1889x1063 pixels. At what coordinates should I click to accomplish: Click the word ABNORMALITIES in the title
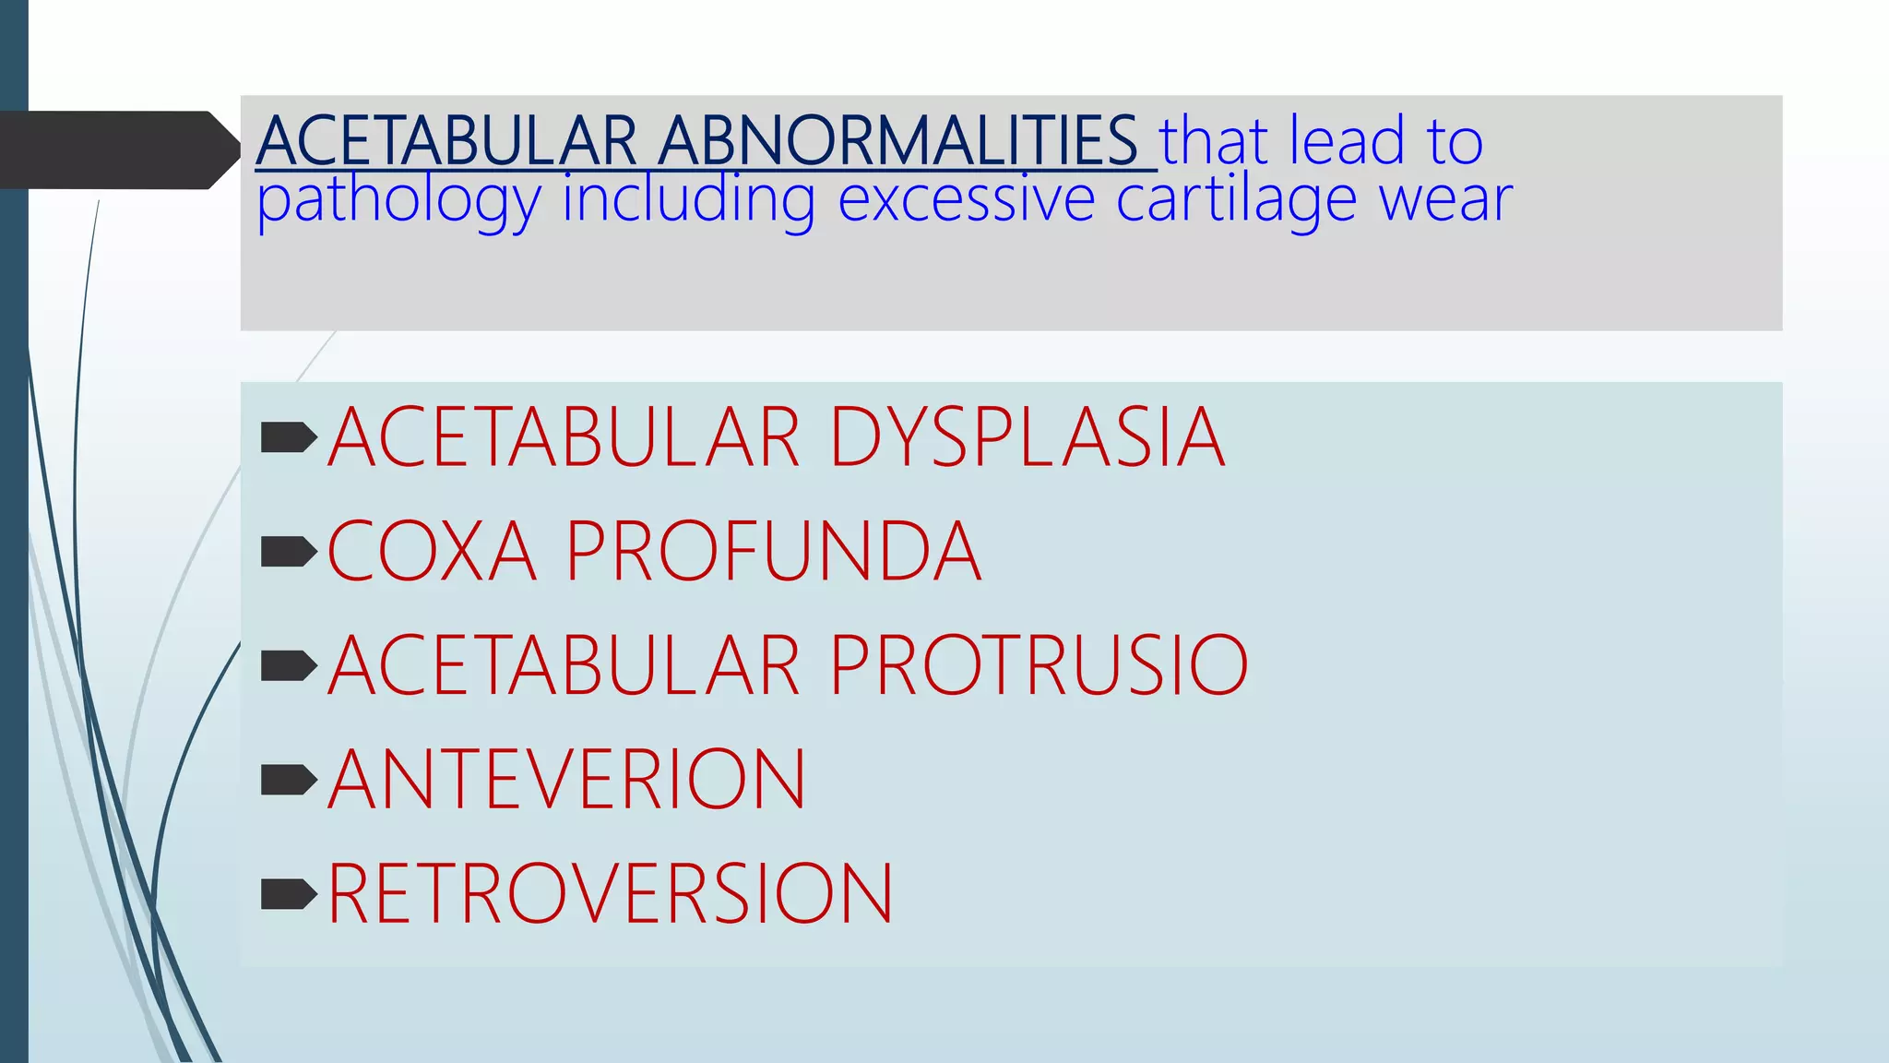[x=898, y=141]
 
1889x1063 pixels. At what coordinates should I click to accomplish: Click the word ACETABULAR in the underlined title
[x=446, y=141]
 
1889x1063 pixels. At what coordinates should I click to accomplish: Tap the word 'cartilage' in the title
[x=1236, y=198]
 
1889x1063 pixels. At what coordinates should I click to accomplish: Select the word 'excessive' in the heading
[x=966, y=198]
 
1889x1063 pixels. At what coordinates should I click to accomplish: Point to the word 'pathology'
[x=398, y=201]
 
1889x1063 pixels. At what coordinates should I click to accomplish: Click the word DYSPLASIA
[x=1027, y=437]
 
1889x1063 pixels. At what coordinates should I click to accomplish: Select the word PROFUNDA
[x=773, y=551]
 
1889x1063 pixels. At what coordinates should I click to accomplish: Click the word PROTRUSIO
[x=1039, y=664]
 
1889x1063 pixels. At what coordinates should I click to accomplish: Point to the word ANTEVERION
[x=566, y=779]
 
